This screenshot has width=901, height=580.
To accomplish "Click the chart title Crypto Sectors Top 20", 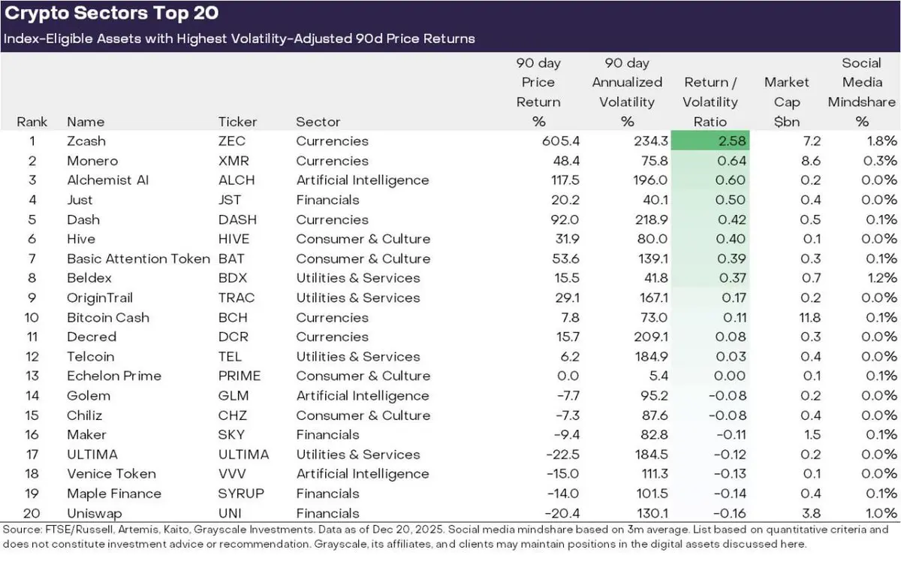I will [x=113, y=15].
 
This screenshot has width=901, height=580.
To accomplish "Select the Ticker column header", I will [x=237, y=122].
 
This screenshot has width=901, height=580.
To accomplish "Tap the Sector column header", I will [x=318, y=122].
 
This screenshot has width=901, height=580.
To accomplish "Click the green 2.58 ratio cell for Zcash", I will [x=710, y=141].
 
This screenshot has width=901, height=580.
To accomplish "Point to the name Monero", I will [x=92, y=161].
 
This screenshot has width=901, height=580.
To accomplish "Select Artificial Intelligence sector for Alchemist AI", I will [x=363, y=180].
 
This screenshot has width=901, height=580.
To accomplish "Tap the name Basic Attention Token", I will [x=138, y=258].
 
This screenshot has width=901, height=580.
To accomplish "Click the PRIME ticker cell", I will [x=240, y=376].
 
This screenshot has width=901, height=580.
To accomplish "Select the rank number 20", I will [x=32, y=513].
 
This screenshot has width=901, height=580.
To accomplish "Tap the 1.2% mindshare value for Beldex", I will [x=879, y=278].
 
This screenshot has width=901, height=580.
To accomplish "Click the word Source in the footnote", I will [x=22, y=530].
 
